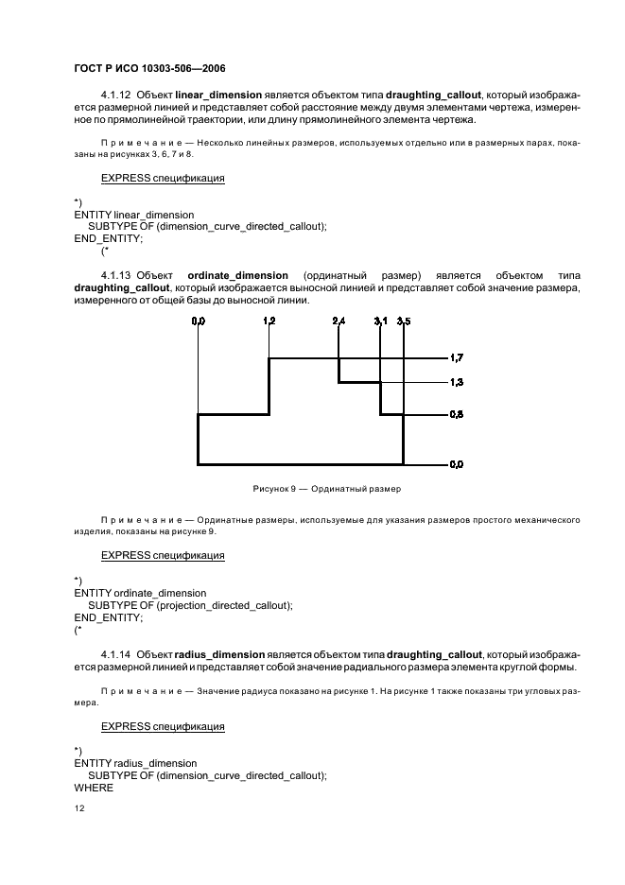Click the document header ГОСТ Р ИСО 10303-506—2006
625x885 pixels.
(149, 69)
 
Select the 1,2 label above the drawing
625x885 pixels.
(269, 322)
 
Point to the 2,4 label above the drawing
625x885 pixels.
(339, 322)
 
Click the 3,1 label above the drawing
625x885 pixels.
(380, 322)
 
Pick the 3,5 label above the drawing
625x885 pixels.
(404, 322)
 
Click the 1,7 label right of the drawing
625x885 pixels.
(456, 358)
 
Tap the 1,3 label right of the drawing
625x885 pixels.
(456, 382)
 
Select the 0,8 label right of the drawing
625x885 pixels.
(456, 414)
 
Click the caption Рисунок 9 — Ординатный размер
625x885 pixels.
(326, 489)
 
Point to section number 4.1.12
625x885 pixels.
(115, 95)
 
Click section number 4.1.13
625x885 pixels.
(115, 274)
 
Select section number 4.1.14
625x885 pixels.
(115, 654)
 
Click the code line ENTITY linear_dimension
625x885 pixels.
(133, 216)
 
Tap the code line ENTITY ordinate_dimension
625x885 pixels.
(140, 593)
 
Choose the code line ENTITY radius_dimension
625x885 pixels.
(135, 763)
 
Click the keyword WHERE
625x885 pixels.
(94, 788)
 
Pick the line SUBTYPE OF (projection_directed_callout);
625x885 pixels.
(190, 605)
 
